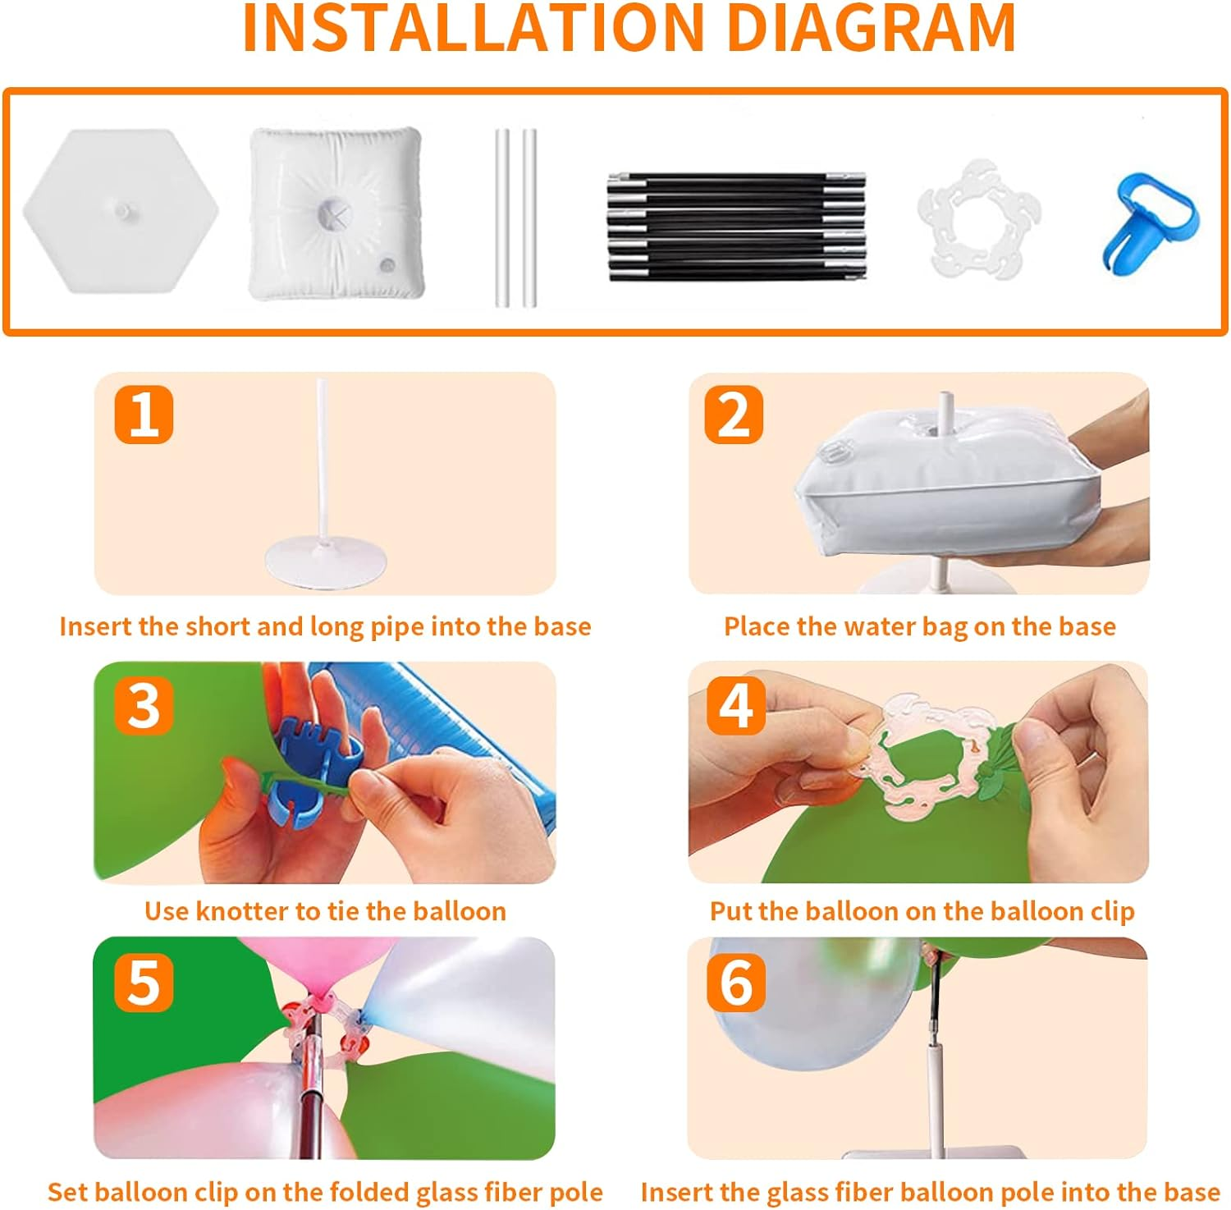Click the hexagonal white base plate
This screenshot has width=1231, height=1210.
click(121, 211)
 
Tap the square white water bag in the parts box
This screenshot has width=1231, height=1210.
click(336, 213)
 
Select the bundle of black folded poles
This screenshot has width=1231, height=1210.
click(736, 227)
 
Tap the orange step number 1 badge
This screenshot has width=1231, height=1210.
click(144, 414)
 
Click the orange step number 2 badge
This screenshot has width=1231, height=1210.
click(734, 414)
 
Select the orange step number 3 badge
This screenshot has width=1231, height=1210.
click(144, 705)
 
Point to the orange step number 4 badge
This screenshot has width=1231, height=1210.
click(735, 705)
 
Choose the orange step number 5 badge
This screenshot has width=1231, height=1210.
click(144, 982)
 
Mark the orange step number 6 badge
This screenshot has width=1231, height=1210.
click(735, 982)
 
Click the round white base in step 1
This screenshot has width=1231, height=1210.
click(325, 563)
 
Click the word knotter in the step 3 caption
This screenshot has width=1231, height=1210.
click(243, 911)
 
